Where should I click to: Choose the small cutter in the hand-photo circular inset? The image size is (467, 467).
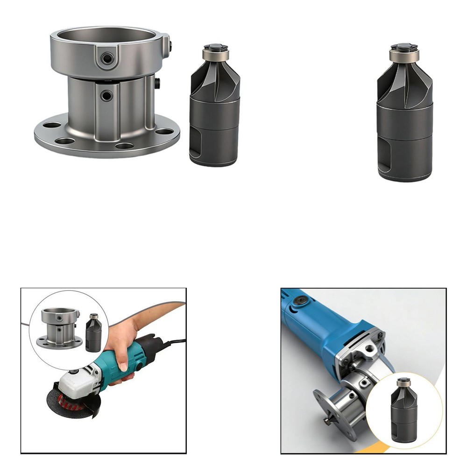pyautogui.click(x=92, y=333)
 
